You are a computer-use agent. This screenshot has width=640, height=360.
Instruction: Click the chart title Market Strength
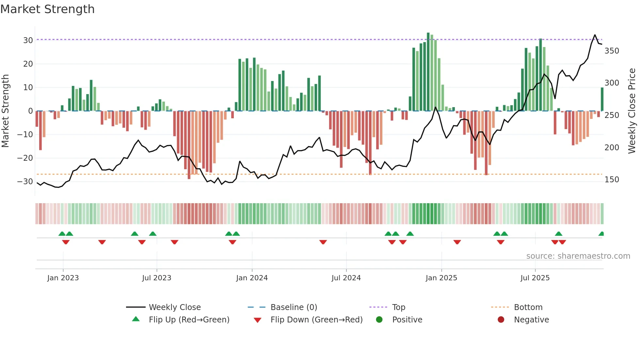(x=47, y=9)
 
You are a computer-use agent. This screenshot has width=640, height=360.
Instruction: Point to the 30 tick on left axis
(x=28, y=41)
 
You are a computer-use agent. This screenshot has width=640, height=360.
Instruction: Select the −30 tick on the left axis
(x=25, y=182)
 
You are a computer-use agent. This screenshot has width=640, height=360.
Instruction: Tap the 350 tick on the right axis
(x=612, y=51)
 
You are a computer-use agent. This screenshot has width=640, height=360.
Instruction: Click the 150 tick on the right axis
(x=612, y=180)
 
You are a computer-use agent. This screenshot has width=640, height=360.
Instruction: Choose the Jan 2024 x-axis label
(x=252, y=278)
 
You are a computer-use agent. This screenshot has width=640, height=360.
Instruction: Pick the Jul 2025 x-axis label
(x=535, y=278)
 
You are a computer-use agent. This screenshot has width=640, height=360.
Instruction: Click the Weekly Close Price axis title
(x=632, y=111)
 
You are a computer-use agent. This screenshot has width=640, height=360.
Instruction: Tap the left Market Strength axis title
(x=6, y=111)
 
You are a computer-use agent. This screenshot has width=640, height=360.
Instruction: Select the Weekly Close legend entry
(x=175, y=307)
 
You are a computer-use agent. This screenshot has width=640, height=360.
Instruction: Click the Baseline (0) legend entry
(x=294, y=307)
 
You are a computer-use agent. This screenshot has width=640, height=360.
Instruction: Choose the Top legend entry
(x=398, y=307)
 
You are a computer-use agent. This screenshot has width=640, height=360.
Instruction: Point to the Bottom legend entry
(x=528, y=307)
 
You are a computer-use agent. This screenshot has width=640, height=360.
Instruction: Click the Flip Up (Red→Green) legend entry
(x=189, y=320)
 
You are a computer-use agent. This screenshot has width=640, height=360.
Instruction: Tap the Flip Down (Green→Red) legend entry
(x=316, y=320)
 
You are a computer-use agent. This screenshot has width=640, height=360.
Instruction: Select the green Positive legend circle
(x=379, y=319)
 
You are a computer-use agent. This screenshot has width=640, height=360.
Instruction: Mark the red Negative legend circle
(x=501, y=319)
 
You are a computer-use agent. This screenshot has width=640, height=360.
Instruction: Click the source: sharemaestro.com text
(x=578, y=256)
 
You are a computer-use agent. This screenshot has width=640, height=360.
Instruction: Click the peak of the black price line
(x=595, y=35)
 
